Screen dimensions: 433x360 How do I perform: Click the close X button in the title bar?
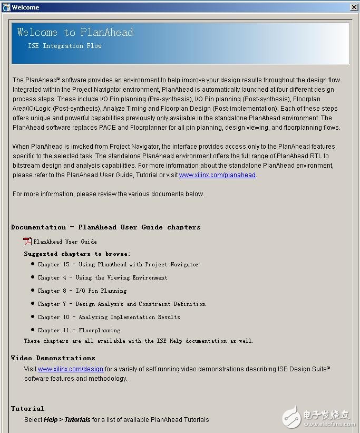(x=354, y=7)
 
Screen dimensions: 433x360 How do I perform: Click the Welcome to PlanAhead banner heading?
(x=75, y=33)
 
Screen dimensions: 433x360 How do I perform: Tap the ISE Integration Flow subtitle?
(x=65, y=46)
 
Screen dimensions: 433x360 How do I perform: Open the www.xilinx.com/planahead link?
(x=217, y=175)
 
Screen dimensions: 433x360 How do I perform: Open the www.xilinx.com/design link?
(x=71, y=369)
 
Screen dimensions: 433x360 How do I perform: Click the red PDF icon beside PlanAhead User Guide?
(x=28, y=242)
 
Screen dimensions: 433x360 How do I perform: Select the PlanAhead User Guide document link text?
(x=65, y=242)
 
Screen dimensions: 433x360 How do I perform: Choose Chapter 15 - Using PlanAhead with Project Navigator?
(x=118, y=264)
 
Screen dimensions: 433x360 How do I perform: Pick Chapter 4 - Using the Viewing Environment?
(x=102, y=277)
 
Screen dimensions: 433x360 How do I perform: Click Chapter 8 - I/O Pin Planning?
(x=82, y=291)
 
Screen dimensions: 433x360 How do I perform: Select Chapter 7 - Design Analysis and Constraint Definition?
(x=121, y=304)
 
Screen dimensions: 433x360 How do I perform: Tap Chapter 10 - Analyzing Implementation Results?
(x=109, y=317)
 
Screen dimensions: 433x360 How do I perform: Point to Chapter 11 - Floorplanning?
(x=79, y=330)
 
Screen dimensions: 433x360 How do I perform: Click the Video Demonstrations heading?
(x=53, y=358)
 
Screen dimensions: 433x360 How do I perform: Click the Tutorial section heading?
(x=28, y=408)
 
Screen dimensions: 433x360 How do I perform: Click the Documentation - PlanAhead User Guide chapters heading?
(x=106, y=227)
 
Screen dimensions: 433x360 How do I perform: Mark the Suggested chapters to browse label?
(x=77, y=254)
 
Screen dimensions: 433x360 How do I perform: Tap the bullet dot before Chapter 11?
(x=33, y=330)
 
